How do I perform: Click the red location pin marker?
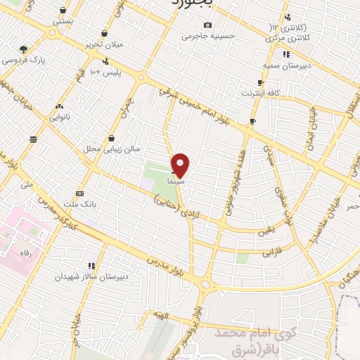point(181,165)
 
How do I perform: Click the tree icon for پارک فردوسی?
point(23,49)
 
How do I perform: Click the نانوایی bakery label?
point(59,117)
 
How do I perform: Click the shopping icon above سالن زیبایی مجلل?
point(111,139)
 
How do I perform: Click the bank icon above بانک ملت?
point(79,193)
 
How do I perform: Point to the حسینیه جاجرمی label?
point(207,35)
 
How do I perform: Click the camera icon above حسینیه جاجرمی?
point(207,25)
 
